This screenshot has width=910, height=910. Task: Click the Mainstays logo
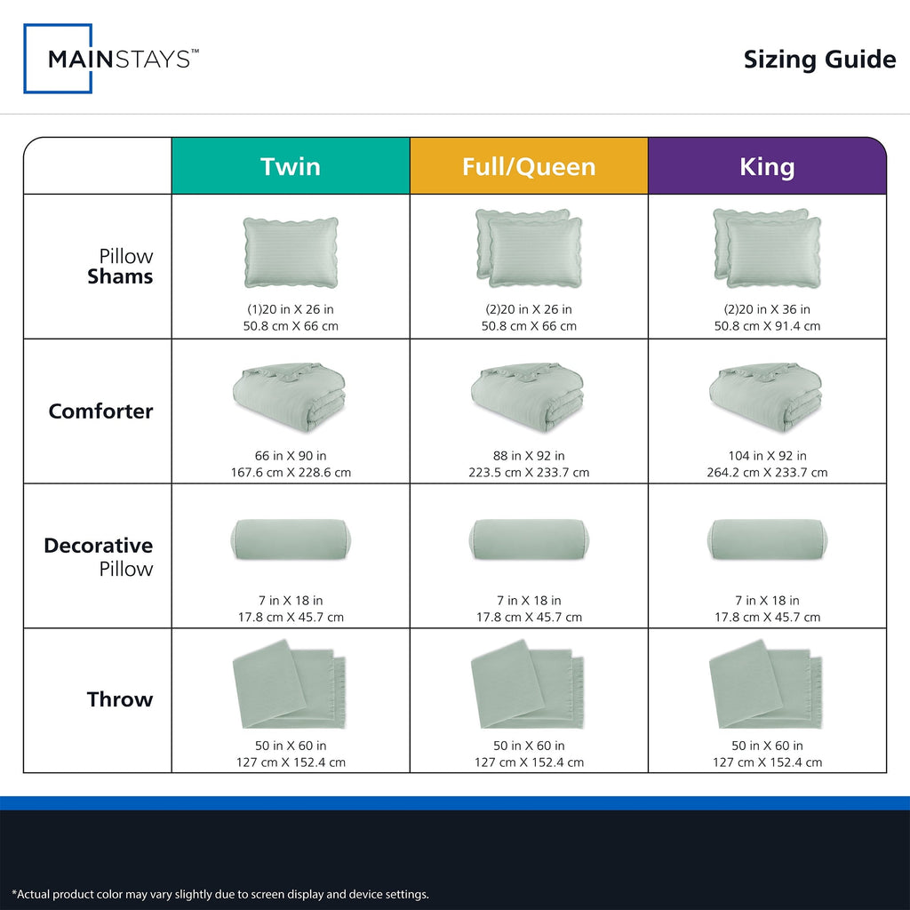point(111,59)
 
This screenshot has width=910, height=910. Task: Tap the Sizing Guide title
point(819,60)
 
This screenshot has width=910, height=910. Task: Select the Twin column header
point(291,166)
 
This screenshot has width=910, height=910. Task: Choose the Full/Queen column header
point(529,166)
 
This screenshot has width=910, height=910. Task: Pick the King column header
point(767,166)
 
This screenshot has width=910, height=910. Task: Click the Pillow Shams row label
point(120,267)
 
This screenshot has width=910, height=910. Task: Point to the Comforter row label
point(101,411)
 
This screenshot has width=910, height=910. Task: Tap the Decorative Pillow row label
point(99,556)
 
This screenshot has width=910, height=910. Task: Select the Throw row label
point(120,699)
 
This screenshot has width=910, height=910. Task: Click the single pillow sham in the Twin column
point(291,252)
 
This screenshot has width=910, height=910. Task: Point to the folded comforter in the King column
point(766,397)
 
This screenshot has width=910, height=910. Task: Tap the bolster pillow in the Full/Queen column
point(529,539)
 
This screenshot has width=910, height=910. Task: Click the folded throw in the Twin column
point(290,684)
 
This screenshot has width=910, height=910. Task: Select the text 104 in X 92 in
point(767,456)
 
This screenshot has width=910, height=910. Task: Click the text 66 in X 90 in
point(291,456)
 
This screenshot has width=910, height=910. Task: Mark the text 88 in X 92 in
point(529,456)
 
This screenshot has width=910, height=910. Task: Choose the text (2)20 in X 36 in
point(767,309)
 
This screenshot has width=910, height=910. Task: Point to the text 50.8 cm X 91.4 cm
point(767,326)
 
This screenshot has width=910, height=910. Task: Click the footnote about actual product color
point(220,894)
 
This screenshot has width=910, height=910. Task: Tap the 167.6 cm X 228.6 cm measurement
point(291,473)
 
